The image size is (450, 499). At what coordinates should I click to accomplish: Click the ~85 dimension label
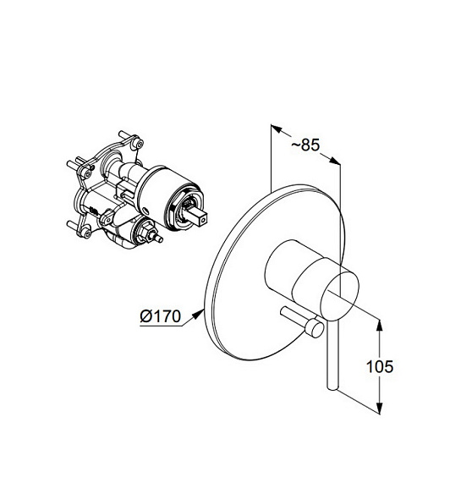[x=305, y=145]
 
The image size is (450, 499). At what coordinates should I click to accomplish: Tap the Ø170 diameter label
[x=161, y=316]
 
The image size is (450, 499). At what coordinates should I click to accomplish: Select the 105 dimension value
[x=380, y=366]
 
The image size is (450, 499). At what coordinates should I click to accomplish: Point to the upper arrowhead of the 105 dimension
[x=379, y=326]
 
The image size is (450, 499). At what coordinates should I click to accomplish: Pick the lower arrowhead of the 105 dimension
[x=379, y=408]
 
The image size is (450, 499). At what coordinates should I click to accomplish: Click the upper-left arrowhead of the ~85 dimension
[x=277, y=129]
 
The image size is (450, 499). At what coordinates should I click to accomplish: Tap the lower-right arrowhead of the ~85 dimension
[x=334, y=161]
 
